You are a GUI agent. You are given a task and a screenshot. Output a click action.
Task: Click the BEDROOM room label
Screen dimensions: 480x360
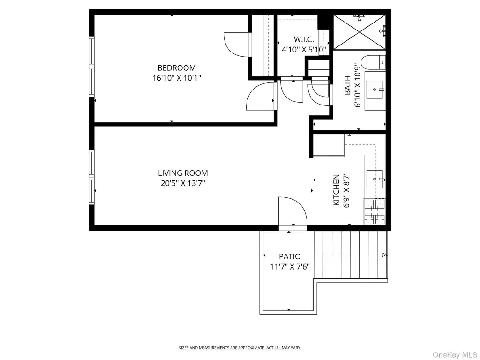[177, 67]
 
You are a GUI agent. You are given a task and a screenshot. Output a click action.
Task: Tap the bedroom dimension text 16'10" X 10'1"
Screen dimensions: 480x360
[177, 78]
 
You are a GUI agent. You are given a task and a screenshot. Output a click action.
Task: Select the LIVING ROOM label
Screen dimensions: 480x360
[183, 173]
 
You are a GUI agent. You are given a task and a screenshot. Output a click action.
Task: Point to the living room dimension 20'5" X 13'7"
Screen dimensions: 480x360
[183, 183]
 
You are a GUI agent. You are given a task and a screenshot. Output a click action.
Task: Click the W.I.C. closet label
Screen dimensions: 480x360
[304, 39]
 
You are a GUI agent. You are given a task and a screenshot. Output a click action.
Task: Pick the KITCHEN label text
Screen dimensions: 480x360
[336, 190]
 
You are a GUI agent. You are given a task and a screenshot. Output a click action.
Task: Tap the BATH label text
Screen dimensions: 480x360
[347, 85]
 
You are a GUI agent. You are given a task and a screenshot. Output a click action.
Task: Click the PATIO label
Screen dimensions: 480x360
[290, 256]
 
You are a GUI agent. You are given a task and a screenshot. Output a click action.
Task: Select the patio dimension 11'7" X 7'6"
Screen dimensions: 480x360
[290, 267]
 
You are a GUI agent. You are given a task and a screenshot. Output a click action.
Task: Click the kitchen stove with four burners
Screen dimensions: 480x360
[374, 211]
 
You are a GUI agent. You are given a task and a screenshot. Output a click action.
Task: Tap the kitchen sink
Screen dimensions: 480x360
[375, 179]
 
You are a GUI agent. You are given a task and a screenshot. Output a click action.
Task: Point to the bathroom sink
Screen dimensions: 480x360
[375, 90]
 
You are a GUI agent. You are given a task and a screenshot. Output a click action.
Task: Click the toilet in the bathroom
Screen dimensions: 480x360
[373, 63]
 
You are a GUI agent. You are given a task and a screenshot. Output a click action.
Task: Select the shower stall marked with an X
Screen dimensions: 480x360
[360, 32]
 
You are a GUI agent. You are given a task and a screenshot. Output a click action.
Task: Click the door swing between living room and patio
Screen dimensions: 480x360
[292, 211]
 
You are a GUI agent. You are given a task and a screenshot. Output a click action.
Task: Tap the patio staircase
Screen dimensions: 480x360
[351, 255]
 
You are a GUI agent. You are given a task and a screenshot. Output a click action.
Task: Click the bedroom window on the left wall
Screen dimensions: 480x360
[91, 67]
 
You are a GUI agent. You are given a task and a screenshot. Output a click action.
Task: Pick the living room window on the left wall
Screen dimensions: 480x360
[91, 177]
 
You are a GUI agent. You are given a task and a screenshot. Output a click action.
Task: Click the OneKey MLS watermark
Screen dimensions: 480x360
[454, 355]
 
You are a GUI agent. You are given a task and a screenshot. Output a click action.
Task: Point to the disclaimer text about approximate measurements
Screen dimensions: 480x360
[240, 348]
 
